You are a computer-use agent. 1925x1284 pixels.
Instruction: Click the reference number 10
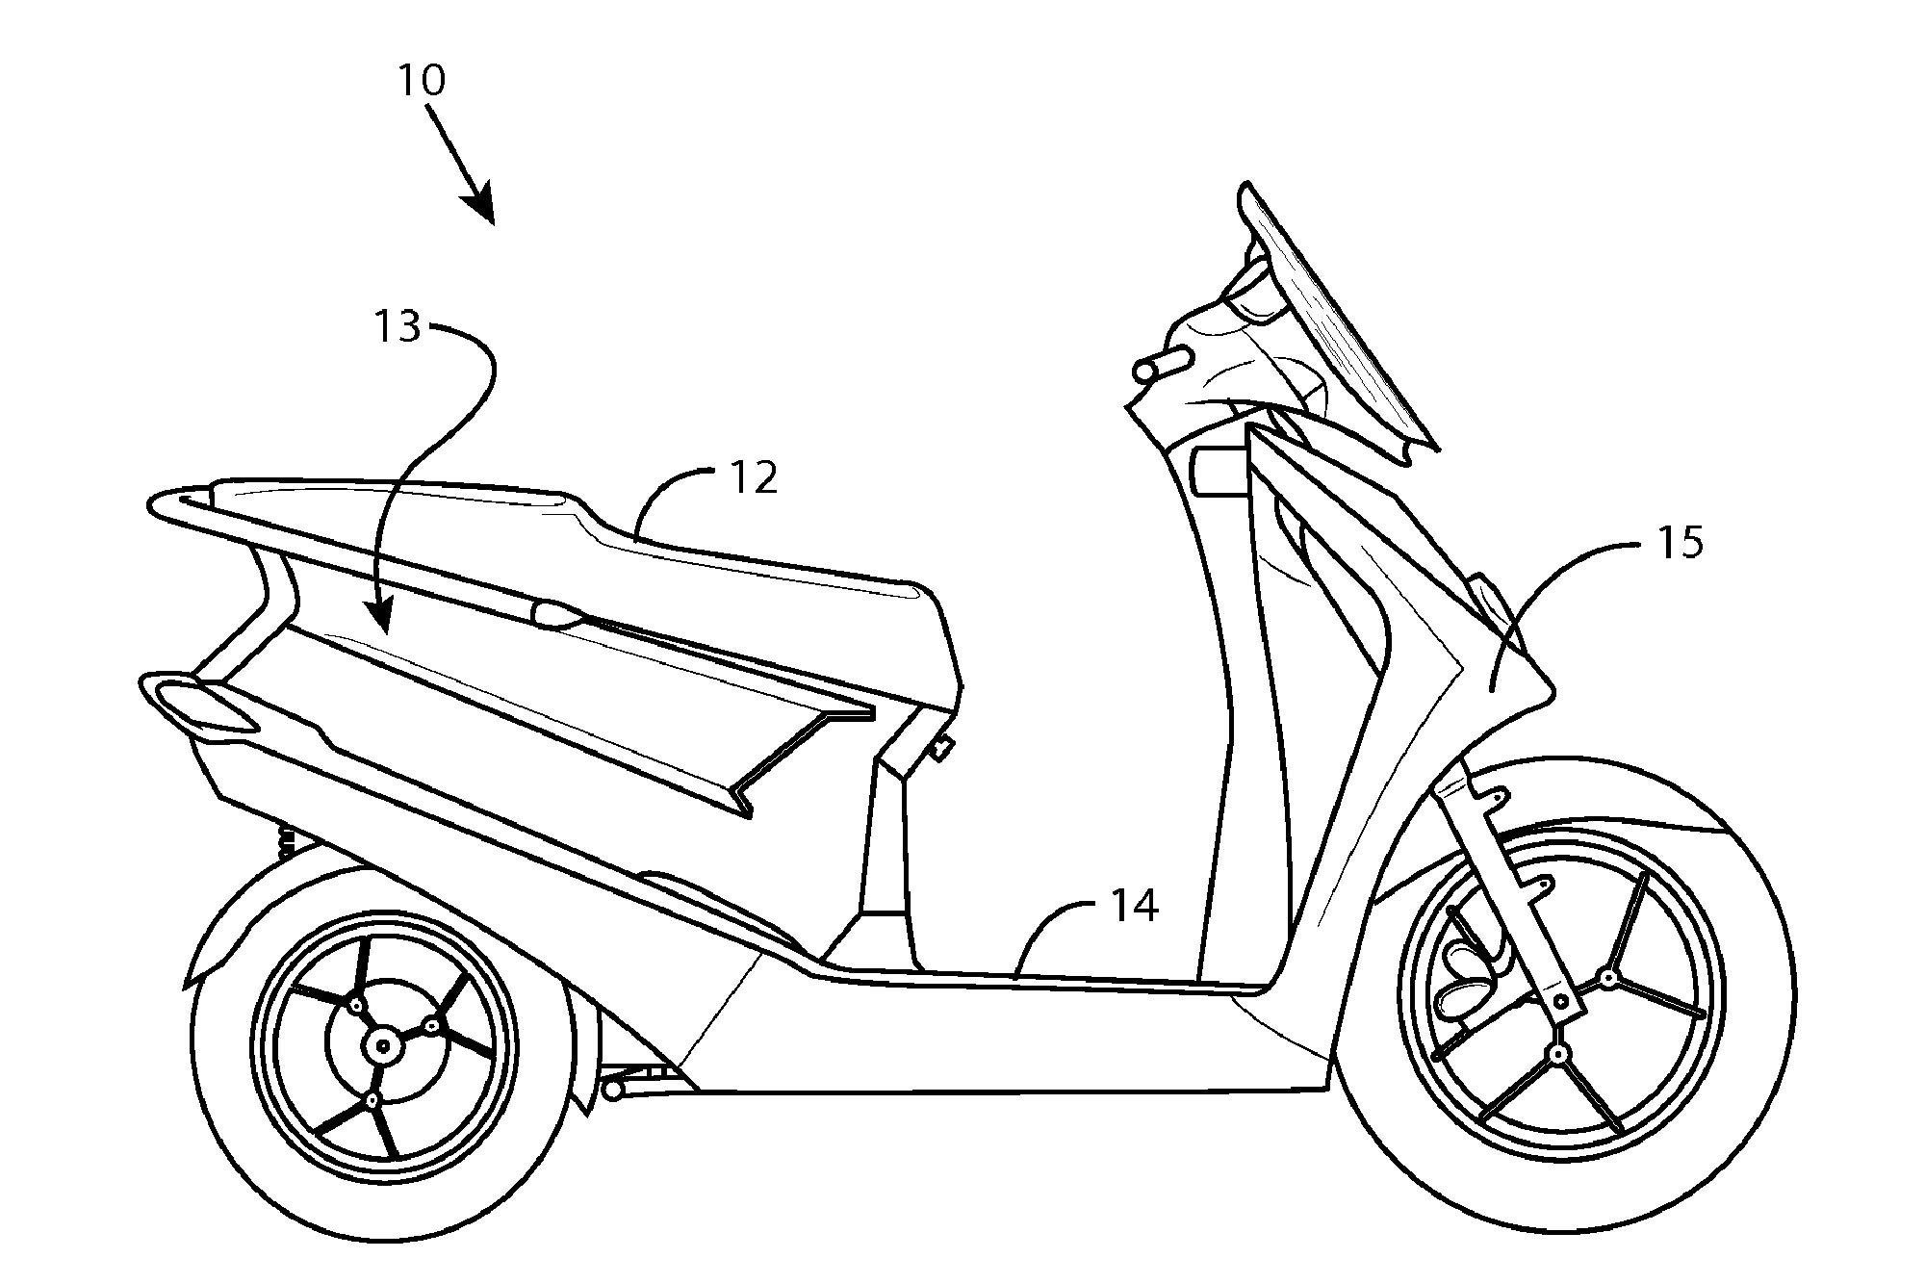click(422, 80)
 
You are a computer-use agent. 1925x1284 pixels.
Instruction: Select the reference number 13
click(398, 327)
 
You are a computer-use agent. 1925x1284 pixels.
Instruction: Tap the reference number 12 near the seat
click(755, 477)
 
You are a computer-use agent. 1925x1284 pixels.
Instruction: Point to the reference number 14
click(1135, 906)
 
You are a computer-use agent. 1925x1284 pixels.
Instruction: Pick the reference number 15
click(1681, 543)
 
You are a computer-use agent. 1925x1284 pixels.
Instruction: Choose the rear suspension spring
click(286, 842)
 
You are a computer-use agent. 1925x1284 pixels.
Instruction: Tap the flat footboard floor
click(1059, 978)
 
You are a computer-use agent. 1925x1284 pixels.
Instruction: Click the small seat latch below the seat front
click(941, 746)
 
